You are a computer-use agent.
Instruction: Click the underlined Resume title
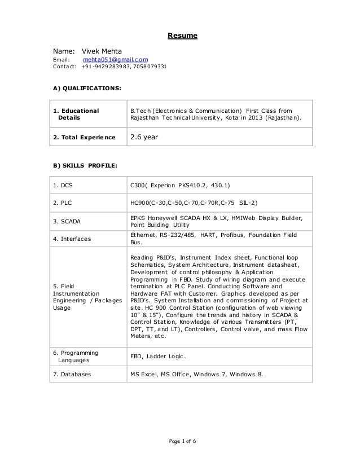(182, 37)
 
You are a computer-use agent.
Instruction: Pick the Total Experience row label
(84, 137)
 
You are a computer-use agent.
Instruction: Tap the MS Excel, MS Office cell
(196, 374)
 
